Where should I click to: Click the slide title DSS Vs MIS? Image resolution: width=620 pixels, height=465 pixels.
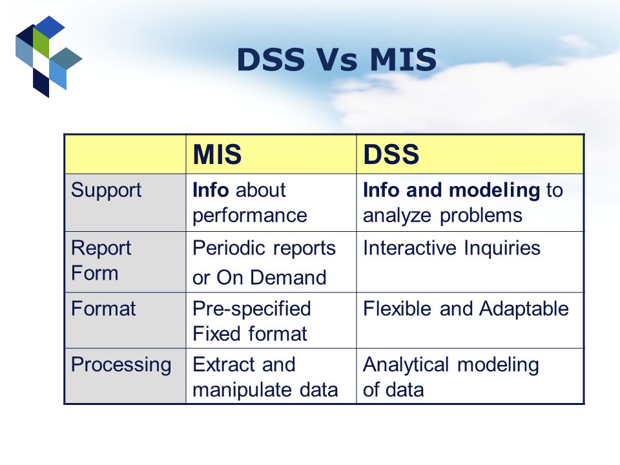[336, 60]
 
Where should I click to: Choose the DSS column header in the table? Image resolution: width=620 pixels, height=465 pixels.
[391, 154]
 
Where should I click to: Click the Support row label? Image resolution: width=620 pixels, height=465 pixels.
[106, 191]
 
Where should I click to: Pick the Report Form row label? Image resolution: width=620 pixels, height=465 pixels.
[101, 260]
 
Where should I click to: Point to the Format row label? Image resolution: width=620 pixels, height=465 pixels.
[103, 309]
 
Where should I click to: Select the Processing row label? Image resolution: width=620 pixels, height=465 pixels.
[121, 365]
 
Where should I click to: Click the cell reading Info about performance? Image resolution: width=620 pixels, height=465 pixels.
[249, 202]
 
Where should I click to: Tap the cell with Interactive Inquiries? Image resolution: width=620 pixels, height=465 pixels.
[451, 248]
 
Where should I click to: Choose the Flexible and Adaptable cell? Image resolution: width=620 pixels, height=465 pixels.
[466, 309]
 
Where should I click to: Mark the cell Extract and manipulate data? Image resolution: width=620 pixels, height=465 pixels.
[265, 377]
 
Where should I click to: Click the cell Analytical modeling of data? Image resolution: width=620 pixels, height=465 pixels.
[451, 377]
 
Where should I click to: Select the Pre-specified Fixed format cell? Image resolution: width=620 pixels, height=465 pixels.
[252, 321]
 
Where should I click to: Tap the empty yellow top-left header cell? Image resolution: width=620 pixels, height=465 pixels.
[125, 154]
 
